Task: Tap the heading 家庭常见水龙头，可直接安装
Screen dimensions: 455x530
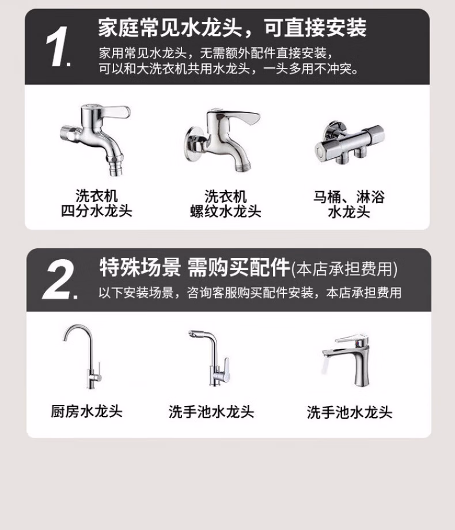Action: click(232, 28)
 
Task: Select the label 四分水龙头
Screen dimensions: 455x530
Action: click(96, 211)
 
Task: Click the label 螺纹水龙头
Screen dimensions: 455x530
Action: click(225, 211)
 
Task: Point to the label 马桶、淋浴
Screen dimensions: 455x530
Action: click(349, 196)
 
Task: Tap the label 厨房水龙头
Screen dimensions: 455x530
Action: click(86, 411)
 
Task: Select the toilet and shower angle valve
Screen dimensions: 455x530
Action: click(350, 142)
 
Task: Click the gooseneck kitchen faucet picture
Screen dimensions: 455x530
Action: click(82, 356)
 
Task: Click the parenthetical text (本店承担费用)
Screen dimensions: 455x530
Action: click(344, 268)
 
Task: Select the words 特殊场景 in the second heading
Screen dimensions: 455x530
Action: click(140, 267)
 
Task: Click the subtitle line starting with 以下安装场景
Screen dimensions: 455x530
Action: click(250, 293)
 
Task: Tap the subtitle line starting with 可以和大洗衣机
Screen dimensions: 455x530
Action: click(229, 69)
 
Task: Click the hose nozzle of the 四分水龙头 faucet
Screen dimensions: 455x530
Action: click(116, 166)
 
